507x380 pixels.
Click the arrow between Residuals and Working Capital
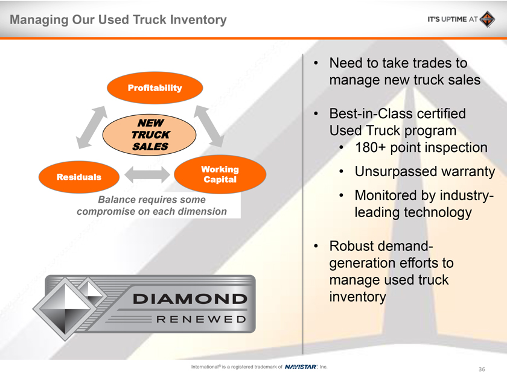pos(147,175)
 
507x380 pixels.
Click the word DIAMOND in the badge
pos(190,299)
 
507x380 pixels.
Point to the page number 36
pos(482,369)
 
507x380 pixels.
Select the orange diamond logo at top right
pos(487,19)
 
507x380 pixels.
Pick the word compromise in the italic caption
pos(106,211)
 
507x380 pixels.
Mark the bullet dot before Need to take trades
pos(316,63)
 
